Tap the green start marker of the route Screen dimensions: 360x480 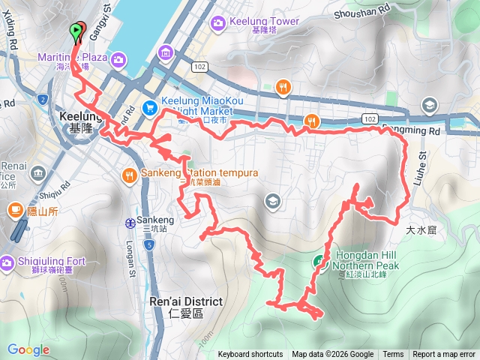[x=76, y=30]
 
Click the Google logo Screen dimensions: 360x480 [x=28, y=349]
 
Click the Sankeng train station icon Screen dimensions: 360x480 [x=130, y=222]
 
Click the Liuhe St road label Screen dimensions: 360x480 [x=421, y=165]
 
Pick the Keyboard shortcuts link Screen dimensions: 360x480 [x=250, y=355]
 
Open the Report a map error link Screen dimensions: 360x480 [x=444, y=355]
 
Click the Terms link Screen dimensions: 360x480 [x=393, y=355]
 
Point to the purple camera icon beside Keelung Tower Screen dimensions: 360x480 [x=218, y=22]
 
